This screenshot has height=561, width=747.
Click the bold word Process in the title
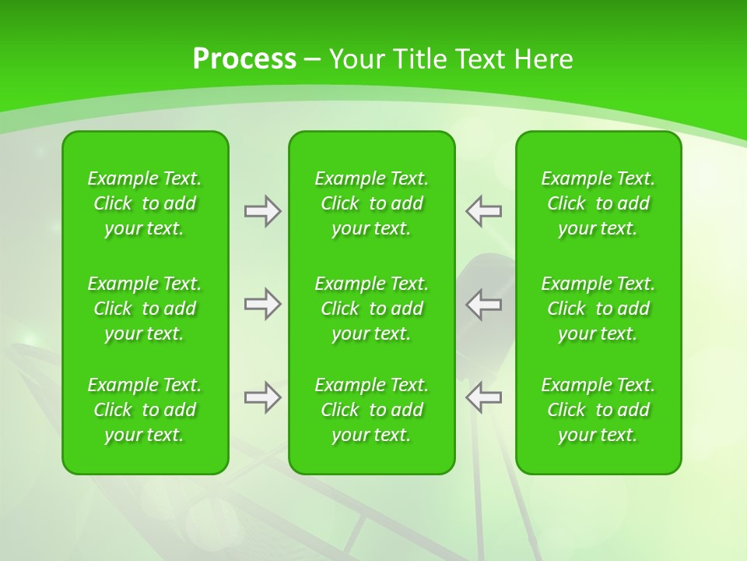[244, 59]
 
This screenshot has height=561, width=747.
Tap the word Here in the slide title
[542, 59]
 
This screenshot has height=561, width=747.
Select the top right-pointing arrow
[262, 211]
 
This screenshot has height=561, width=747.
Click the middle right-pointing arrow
[262, 304]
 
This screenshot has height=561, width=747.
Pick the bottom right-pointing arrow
[262, 397]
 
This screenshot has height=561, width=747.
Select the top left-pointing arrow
[484, 211]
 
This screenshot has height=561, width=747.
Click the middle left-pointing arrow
[484, 304]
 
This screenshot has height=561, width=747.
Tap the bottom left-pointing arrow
[484, 397]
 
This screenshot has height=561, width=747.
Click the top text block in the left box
[145, 203]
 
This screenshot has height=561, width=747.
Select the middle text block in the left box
[145, 309]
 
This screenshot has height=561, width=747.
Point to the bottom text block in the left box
[145, 410]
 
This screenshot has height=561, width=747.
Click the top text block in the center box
[372, 203]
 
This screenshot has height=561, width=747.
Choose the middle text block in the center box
[372, 309]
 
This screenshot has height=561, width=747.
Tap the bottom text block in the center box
[372, 410]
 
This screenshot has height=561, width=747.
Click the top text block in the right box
[598, 203]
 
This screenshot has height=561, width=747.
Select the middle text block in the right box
[598, 309]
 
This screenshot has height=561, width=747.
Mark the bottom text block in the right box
[598, 410]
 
